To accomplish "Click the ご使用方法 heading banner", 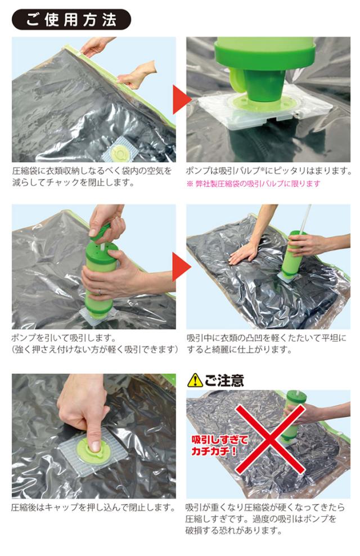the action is [x=71, y=19].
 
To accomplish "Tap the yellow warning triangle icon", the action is [x=195, y=380].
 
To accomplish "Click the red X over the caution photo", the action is [x=271, y=439].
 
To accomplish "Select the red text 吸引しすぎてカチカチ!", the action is [x=220, y=446].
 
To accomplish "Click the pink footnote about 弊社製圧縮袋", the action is [x=253, y=183].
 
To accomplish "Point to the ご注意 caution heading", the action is [x=224, y=380].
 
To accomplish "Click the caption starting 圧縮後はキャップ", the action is [x=93, y=508].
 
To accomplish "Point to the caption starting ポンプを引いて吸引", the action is [x=94, y=344].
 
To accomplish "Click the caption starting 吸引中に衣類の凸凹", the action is [x=267, y=344].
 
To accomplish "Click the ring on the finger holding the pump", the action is [x=100, y=292].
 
